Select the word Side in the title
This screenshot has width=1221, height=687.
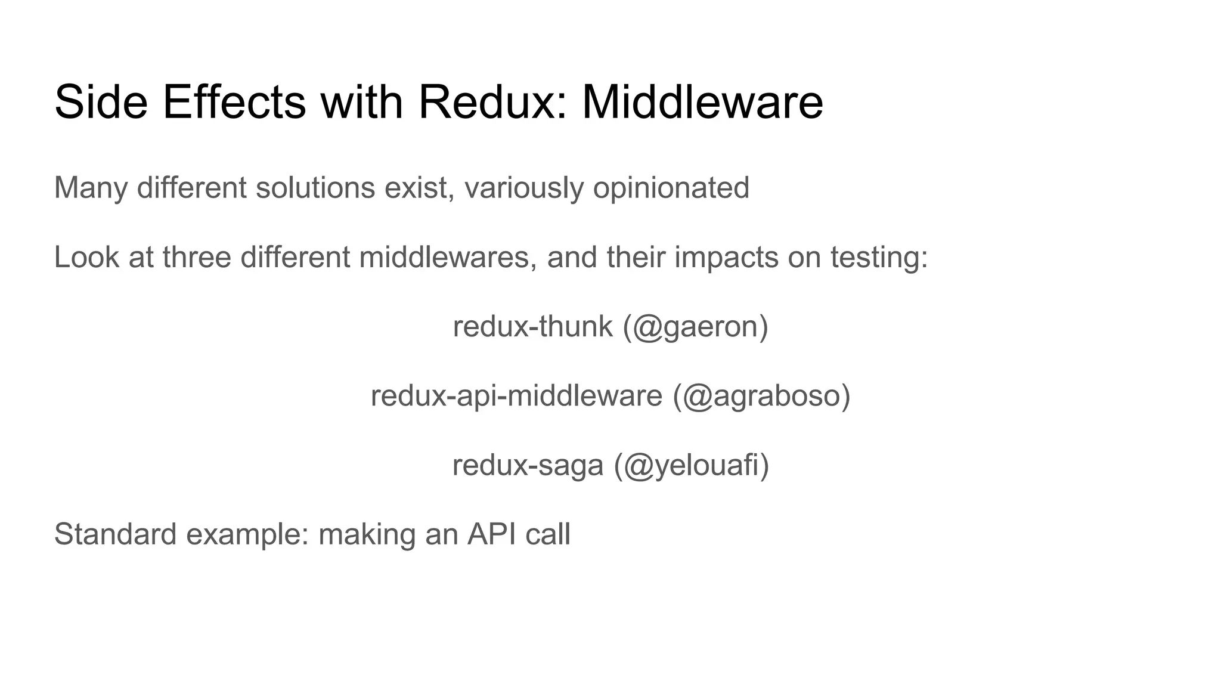point(101,102)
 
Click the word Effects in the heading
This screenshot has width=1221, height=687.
point(234,102)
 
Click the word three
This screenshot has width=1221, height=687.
point(196,257)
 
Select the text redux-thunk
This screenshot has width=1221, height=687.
point(532,326)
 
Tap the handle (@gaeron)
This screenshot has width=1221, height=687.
point(696,327)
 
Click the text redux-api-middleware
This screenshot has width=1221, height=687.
point(516,396)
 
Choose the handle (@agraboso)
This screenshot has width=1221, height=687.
point(761,397)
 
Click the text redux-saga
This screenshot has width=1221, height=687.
point(528,465)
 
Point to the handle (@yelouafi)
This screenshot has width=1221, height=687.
point(692,466)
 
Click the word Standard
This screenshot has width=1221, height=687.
point(115,534)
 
